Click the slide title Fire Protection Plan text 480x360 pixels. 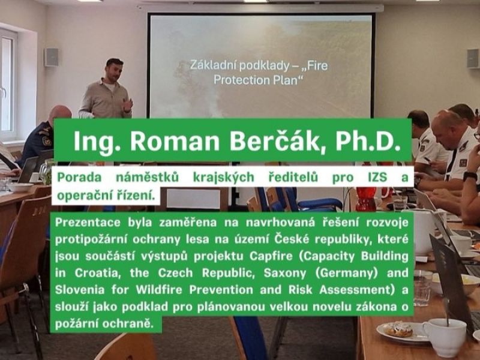(259, 73)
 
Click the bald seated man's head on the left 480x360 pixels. (60, 116)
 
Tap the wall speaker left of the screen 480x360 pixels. (52, 57)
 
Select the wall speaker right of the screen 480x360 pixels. (473, 59)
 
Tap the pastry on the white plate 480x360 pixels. (398, 329)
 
